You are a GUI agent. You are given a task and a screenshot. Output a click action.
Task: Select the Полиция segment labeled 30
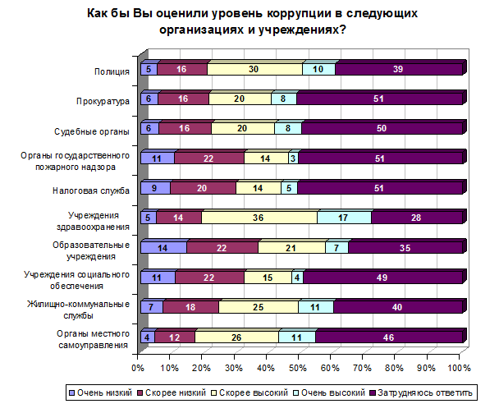[255, 70]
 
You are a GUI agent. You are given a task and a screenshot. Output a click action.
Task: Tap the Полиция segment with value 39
[400, 70]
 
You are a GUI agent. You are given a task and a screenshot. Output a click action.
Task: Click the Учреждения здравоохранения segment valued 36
[259, 218]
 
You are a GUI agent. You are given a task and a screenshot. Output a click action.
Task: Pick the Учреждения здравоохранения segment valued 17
[344, 218]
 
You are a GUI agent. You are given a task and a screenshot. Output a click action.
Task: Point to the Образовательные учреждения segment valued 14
[163, 247]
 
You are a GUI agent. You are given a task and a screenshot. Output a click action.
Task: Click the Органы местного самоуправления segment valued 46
[390, 337]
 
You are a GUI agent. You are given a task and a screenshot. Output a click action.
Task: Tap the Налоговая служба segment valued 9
[155, 188]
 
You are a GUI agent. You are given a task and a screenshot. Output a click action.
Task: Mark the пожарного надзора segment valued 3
[293, 158]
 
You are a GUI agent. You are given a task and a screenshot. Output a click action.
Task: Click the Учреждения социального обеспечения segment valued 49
[384, 278]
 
